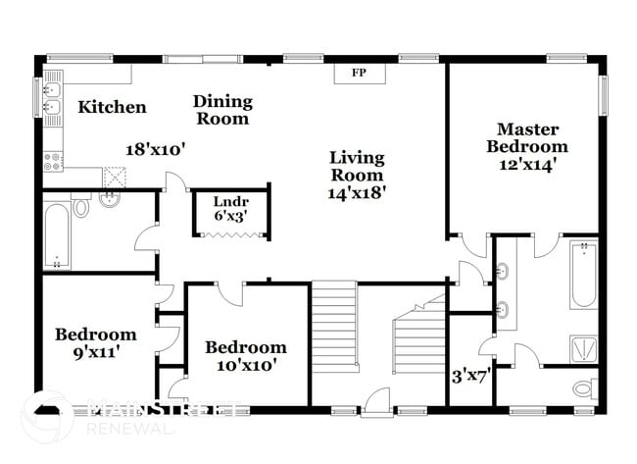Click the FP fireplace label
(x=360, y=75)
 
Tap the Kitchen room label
(x=113, y=107)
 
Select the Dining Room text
(x=221, y=110)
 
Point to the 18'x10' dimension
(x=156, y=149)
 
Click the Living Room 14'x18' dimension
(x=357, y=193)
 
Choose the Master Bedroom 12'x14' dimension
(x=527, y=165)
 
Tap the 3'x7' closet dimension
(x=469, y=374)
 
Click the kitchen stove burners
(x=53, y=160)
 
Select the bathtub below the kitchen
(x=57, y=234)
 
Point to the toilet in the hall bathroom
(x=82, y=209)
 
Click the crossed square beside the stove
(x=116, y=178)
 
